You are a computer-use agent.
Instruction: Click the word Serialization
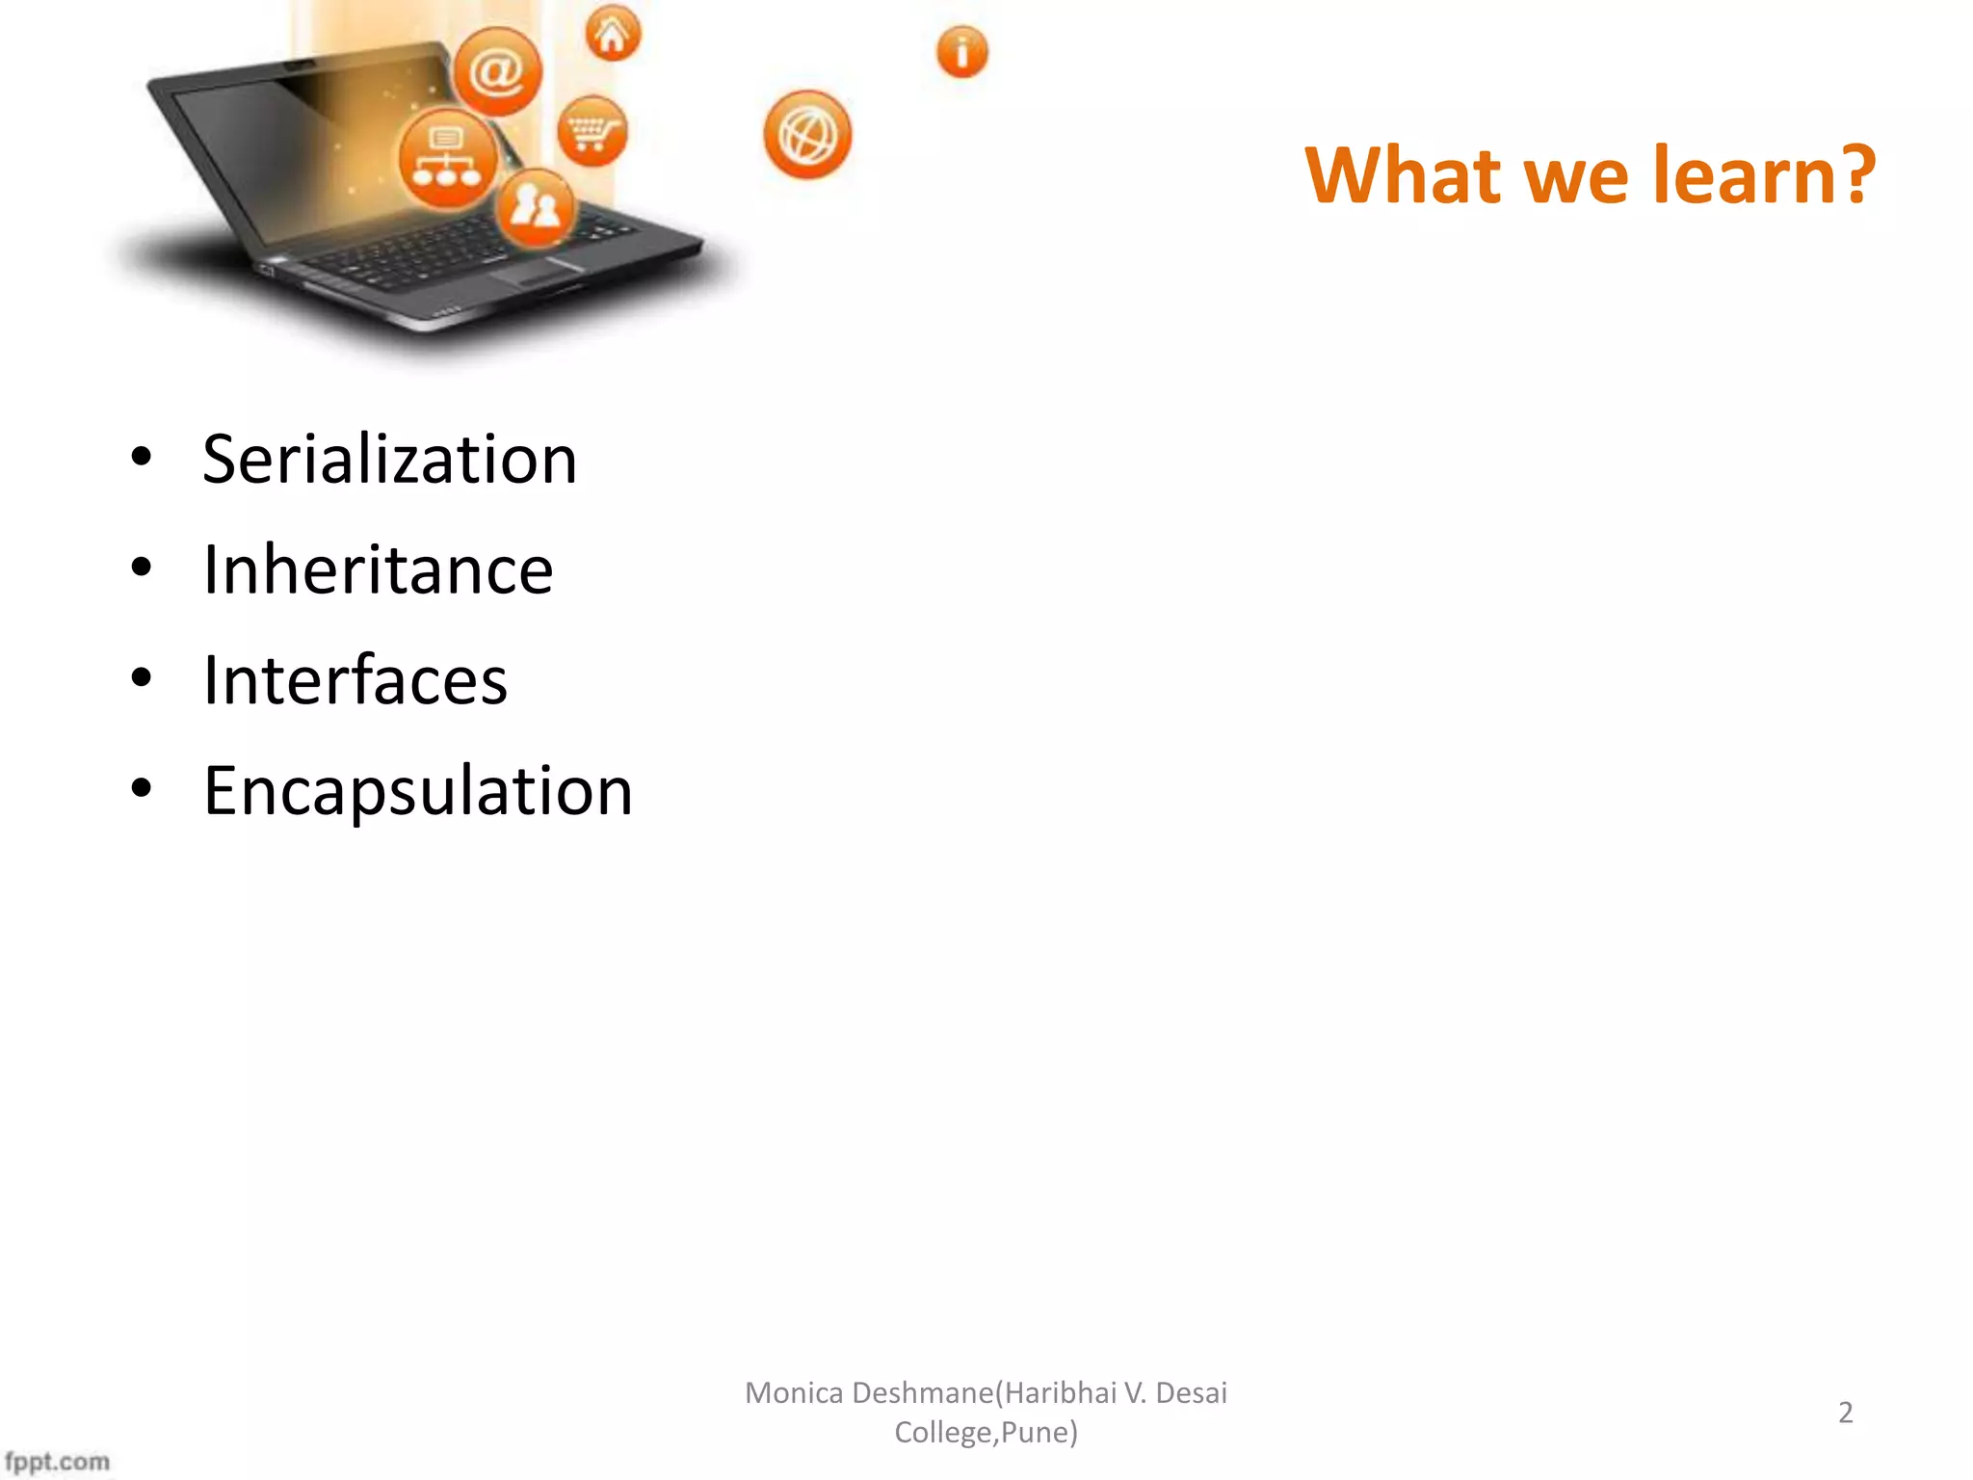click(x=389, y=461)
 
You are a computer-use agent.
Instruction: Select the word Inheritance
click(x=378, y=570)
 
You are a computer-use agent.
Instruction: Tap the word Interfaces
click(x=355, y=681)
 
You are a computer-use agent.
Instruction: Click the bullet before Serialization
click(x=142, y=458)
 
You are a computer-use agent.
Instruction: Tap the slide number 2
click(x=1845, y=1413)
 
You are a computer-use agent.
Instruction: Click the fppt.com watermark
click(x=57, y=1461)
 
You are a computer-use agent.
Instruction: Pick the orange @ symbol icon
click(x=497, y=72)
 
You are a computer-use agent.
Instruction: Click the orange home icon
click(x=613, y=35)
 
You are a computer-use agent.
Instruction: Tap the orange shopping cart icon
click(x=592, y=131)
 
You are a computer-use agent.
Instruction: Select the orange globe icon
click(x=807, y=135)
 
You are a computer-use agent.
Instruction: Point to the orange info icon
click(x=961, y=52)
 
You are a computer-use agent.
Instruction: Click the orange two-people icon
click(x=535, y=206)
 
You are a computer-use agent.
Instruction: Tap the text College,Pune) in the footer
click(x=986, y=1433)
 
